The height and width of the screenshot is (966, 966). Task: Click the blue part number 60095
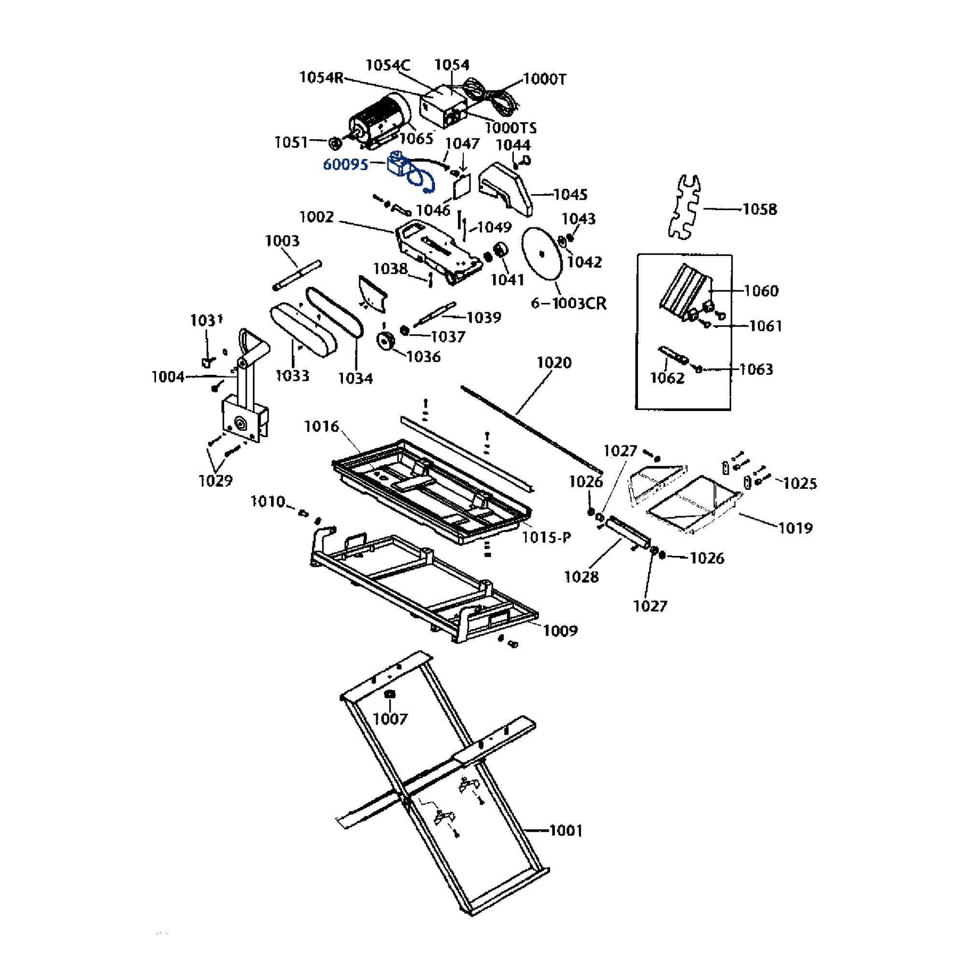pyautogui.click(x=345, y=164)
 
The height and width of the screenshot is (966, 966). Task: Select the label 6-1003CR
pyautogui.click(x=568, y=303)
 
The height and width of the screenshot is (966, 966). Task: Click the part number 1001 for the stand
pyautogui.click(x=566, y=830)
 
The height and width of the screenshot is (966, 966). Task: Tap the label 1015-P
pyautogui.click(x=546, y=538)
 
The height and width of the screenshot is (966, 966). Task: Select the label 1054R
pyautogui.click(x=322, y=77)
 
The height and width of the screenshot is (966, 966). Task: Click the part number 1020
pyautogui.click(x=554, y=363)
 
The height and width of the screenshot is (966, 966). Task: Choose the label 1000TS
pyautogui.click(x=511, y=128)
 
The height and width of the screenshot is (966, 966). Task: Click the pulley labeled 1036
pyautogui.click(x=385, y=342)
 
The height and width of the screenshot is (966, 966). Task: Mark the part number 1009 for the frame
pyautogui.click(x=560, y=630)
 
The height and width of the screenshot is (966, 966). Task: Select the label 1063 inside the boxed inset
pyautogui.click(x=756, y=369)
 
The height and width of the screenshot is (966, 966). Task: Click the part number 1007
pyautogui.click(x=390, y=719)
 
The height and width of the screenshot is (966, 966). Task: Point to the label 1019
pyautogui.click(x=796, y=527)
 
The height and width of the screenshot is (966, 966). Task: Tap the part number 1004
pyautogui.click(x=168, y=377)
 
